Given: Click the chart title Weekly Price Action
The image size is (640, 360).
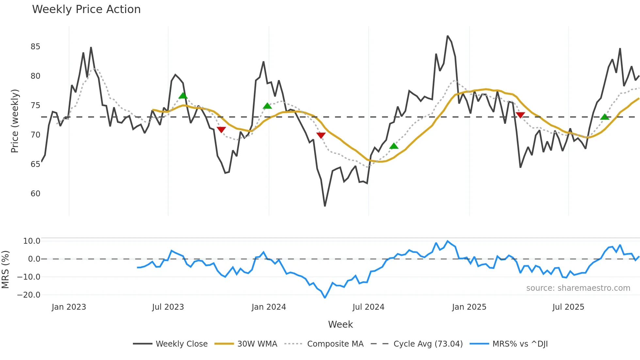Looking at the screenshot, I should (86, 9).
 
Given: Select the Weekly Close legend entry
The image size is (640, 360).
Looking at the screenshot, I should (182, 344).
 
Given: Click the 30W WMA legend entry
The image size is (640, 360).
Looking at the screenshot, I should (257, 344).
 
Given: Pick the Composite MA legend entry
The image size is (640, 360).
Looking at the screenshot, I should (335, 344).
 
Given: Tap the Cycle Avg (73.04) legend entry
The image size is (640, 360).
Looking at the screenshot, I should (428, 344).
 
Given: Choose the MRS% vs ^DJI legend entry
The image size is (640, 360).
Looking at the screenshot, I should (520, 344).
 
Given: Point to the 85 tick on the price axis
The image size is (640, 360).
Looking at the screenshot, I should (35, 47).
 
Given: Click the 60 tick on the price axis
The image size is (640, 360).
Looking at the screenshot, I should (35, 194).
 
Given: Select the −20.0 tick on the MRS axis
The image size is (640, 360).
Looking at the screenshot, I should (28, 295).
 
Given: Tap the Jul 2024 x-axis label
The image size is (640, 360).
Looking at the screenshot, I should (368, 307).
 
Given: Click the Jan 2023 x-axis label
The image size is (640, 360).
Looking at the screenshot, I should (69, 307).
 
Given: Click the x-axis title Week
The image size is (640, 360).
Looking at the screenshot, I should (340, 324).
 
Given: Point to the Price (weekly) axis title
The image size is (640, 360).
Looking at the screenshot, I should (15, 121).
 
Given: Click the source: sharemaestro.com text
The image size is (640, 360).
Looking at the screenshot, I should (578, 288).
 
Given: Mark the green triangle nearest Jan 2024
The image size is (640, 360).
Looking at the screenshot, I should (267, 106).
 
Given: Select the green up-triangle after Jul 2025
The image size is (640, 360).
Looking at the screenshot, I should (605, 117).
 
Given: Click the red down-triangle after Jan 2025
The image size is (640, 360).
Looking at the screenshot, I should (520, 115).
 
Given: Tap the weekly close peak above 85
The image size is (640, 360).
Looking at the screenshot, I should (447, 36).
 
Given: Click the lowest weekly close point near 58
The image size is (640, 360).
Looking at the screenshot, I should (325, 206).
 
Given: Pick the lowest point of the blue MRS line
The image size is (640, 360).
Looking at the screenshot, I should (325, 298).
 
